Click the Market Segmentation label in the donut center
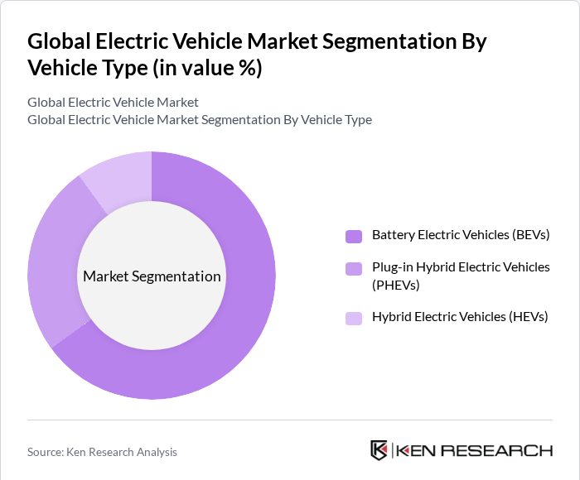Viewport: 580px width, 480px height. [x=152, y=276]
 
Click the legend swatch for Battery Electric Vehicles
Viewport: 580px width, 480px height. [x=354, y=236]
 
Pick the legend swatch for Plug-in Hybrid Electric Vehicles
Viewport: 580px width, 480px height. [x=354, y=268]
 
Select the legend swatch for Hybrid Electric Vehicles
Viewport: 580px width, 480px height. [x=354, y=317]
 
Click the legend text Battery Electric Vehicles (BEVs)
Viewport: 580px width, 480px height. [x=461, y=235]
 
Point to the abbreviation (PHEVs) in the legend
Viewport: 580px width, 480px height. [x=396, y=286]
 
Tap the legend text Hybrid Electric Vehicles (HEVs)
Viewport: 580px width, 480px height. [x=460, y=317]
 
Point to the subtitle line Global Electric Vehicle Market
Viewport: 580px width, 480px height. [x=113, y=103]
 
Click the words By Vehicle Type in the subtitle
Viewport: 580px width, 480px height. [x=326, y=119]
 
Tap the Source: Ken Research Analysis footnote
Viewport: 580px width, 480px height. [x=102, y=452]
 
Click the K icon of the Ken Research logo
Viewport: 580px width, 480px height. [x=379, y=450]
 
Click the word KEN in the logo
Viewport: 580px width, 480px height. [x=418, y=451]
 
